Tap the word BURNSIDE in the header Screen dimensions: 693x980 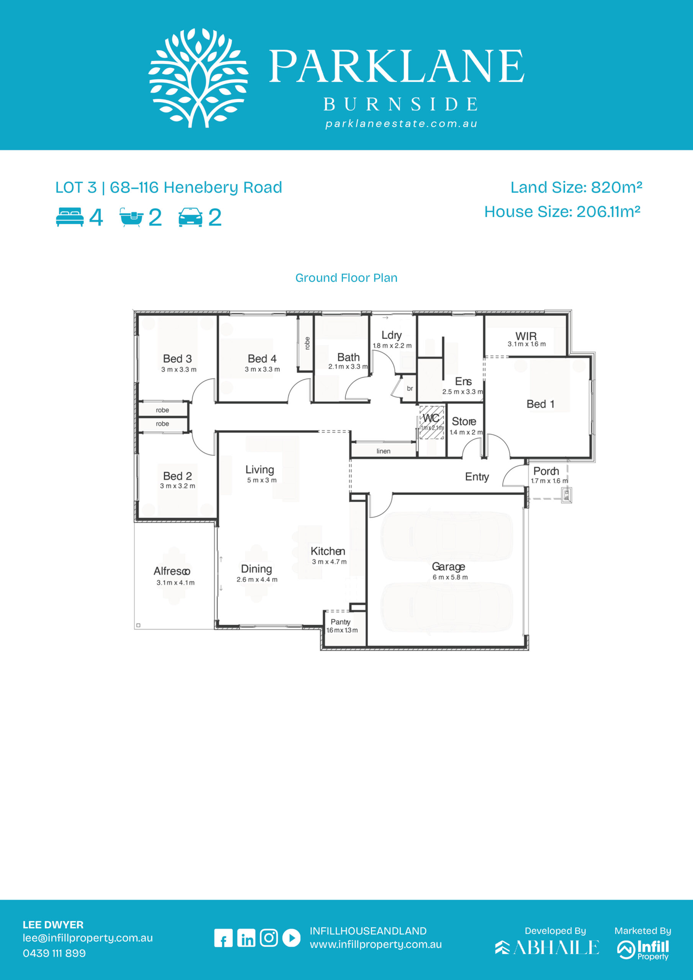[401, 104]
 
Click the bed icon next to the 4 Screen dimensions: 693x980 [70, 217]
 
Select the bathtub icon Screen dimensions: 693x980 [131, 217]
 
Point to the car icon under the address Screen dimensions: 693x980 [190, 217]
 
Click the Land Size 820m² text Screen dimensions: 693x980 [577, 187]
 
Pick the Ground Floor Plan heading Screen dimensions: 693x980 [346, 278]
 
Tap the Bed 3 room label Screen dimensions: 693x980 [177, 359]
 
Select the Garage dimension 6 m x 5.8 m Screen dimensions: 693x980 [450, 577]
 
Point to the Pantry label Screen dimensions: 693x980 [340, 622]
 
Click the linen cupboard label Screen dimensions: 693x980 [383, 451]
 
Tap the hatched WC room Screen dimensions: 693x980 [431, 423]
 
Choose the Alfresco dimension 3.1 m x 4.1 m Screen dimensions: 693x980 [175, 583]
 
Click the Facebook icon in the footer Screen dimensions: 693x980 [223, 938]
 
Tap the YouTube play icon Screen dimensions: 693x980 [292, 938]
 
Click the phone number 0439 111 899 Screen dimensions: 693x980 [54, 954]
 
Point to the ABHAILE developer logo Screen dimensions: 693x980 [547, 947]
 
